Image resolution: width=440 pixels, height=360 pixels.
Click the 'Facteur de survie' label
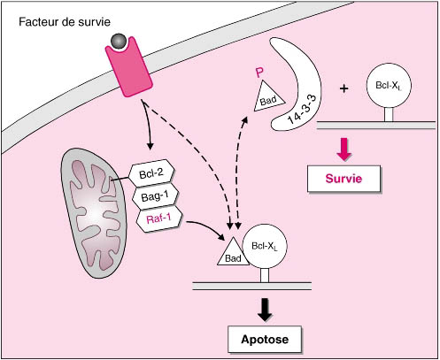pos(65,22)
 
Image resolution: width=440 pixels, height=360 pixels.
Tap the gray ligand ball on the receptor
pos(119,42)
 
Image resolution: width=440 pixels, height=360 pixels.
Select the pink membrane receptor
pos(129,68)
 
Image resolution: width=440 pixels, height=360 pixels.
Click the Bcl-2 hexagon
pos(151,173)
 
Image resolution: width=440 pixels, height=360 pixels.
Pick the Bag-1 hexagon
pos(155,196)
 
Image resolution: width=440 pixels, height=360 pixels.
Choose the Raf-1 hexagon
pos(158,218)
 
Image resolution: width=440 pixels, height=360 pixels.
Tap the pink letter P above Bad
pos(259,73)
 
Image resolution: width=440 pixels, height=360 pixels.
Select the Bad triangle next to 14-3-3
pos(269,97)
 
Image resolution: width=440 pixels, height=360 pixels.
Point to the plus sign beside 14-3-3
pos(344,88)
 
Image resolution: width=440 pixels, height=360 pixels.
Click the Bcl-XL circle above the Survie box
pos(389,86)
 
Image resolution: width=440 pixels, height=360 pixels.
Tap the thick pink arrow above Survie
pos(344,149)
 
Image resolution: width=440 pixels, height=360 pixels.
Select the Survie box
pos(344,179)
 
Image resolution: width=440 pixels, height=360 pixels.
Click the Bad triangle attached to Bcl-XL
pos(233,251)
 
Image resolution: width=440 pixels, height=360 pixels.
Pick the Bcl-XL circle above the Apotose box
pos(265,246)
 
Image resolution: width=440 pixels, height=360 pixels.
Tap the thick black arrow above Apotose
pos(265,310)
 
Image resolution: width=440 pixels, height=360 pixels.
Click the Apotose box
pos(265,339)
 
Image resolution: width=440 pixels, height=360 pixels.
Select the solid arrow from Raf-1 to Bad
pos(207,226)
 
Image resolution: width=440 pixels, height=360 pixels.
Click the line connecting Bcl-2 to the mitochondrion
pos(120,178)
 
